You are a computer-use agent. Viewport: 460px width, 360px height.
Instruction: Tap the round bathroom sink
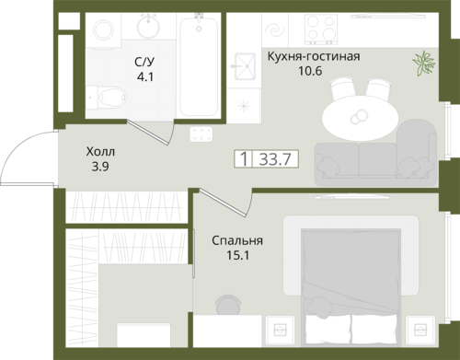point(148,27)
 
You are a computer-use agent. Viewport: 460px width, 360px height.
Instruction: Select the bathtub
point(199,66)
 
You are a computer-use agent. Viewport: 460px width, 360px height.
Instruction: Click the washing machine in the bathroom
point(104,30)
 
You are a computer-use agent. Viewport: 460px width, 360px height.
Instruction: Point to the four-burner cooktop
point(321,29)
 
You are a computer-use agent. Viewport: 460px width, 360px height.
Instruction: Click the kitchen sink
point(245,66)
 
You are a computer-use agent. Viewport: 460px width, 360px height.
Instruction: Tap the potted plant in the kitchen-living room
point(424,63)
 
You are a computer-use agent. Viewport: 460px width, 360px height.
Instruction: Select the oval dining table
point(360,119)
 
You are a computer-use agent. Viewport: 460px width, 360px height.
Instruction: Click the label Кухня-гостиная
point(314,56)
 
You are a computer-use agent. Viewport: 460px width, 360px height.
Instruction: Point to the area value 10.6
point(310,71)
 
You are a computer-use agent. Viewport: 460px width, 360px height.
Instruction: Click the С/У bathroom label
point(144,62)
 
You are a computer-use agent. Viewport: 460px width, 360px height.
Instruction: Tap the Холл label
point(100,152)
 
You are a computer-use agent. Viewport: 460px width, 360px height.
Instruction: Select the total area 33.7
point(275,159)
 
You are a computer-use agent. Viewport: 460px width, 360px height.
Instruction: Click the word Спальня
point(237,240)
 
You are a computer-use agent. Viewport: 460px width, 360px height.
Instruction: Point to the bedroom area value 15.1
point(238,255)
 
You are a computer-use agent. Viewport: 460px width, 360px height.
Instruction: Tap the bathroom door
point(148,133)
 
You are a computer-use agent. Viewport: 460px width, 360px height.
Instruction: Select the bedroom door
point(223,203)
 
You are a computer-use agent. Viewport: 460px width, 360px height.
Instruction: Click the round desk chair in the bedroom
point(228,305)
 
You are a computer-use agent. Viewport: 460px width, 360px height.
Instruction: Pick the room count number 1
point(244,159)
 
